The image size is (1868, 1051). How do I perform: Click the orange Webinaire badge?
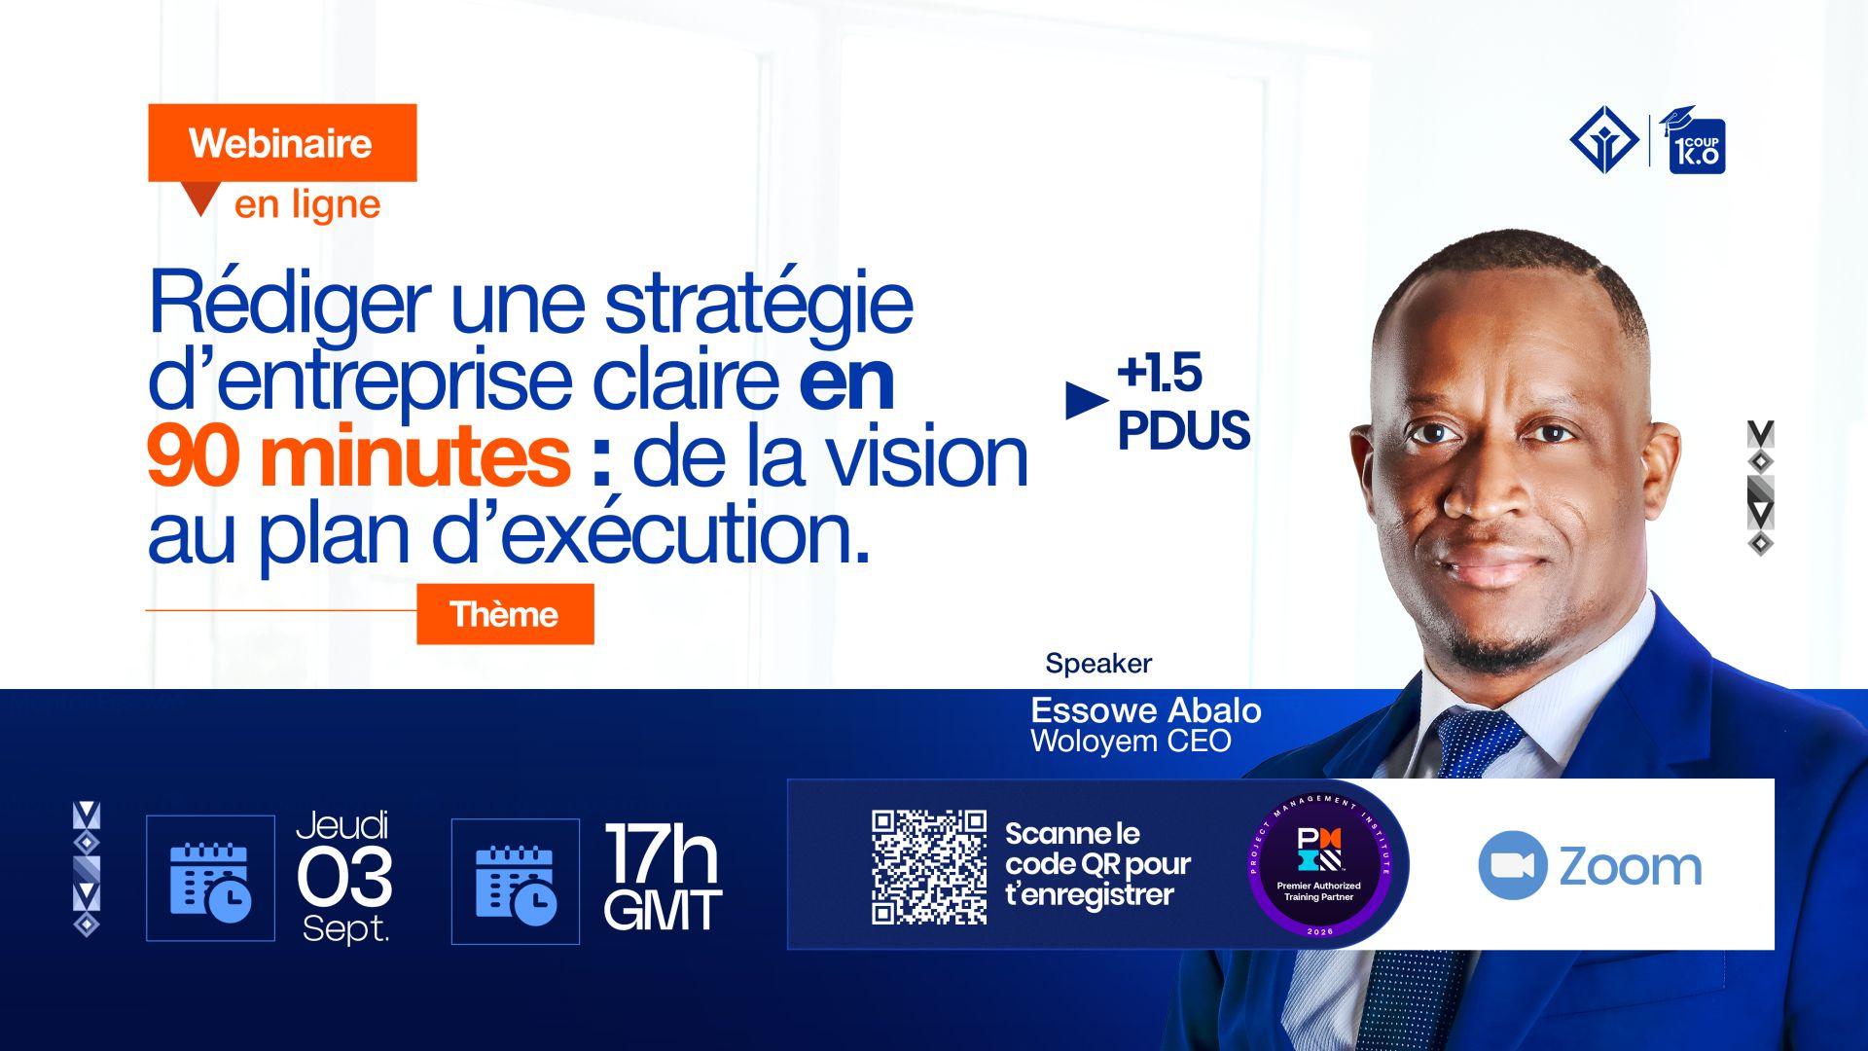pyautogui.click(x=282, y=143)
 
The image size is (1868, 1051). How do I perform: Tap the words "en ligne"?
pyautogui.click(x=307, y=205)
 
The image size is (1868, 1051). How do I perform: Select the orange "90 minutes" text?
pyautogui.click(x=358, y=456)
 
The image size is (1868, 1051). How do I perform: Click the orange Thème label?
pyautogui.click(x=505, y=614)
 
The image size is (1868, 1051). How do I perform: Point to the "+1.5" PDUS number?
pyautogui.click(x=1160, y=373)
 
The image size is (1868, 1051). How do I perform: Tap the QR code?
pyautogui.click(x=929, y=866)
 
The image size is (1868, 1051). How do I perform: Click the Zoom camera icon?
pyautogui.click(x=1513, y=865)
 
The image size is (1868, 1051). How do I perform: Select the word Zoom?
pyautogui.click(x=1631, y=866)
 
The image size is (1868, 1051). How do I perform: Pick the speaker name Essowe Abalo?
pyautogui.click(x=1146, y=710)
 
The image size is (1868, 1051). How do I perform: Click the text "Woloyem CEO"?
pyautogui.click(x=1132, y=742)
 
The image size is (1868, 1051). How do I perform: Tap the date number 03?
pyautogui.click(x=344, y=877)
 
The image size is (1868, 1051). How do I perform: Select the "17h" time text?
pyautogui.click(x=662, y=853)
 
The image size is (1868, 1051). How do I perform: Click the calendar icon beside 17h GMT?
pyautogui.click(x=516, y=883)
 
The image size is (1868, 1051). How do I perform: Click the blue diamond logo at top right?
pyautogui.click(x=1604, y=139)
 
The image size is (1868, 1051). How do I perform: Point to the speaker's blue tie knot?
pyautogui.click(x=1476, y=741)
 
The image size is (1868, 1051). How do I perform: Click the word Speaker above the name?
pyautogui.click(x=1098, y=664)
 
